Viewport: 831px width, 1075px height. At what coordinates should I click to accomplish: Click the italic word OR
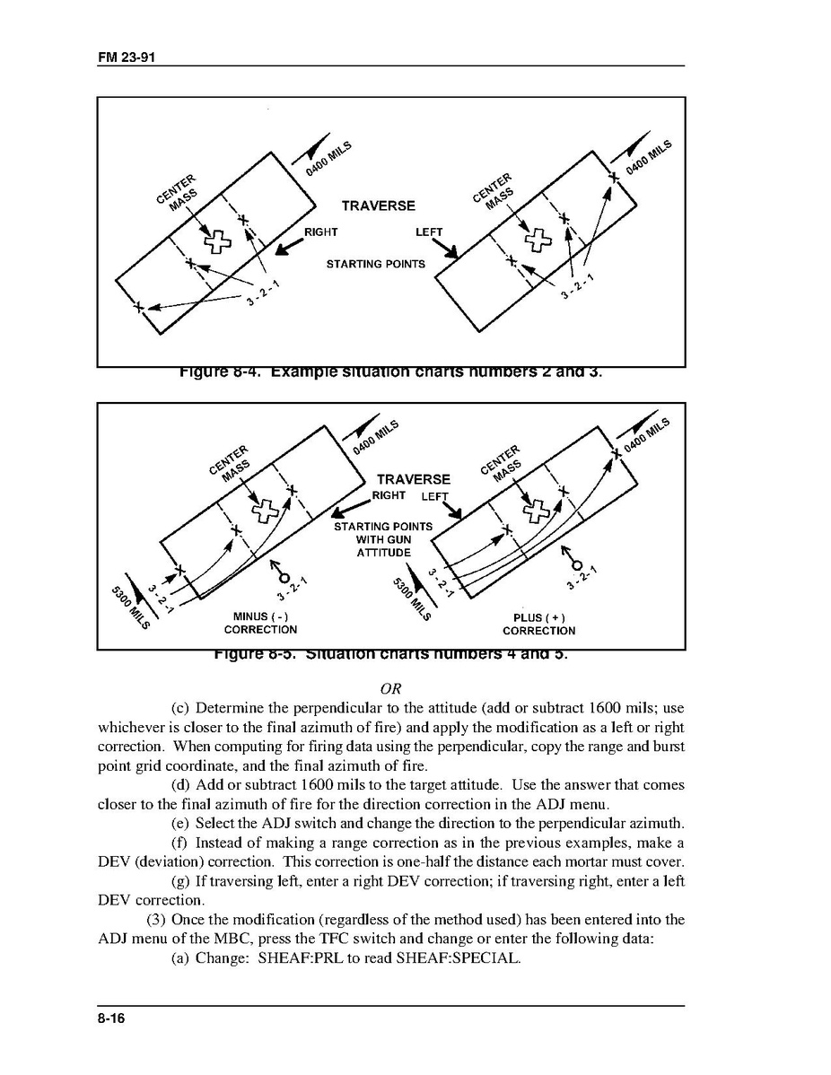pos(390,689)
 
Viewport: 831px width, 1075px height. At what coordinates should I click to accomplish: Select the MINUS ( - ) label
pos(260,616)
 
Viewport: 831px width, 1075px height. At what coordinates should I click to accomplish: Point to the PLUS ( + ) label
pos(538,617)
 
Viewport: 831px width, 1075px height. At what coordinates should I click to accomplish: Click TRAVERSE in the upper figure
pos(378,205)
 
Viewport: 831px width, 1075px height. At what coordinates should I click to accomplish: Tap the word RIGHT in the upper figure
pos(320,232)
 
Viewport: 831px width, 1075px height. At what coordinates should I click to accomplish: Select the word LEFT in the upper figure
pos(429,232)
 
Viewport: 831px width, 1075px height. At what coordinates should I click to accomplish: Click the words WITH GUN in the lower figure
pos(383,539)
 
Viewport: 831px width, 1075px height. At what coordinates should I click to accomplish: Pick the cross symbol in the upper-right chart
pos(538,239)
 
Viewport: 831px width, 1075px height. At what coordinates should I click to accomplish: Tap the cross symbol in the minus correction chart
pos(264,511)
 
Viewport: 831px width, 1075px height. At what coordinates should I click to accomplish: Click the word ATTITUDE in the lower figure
pos(383,553)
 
